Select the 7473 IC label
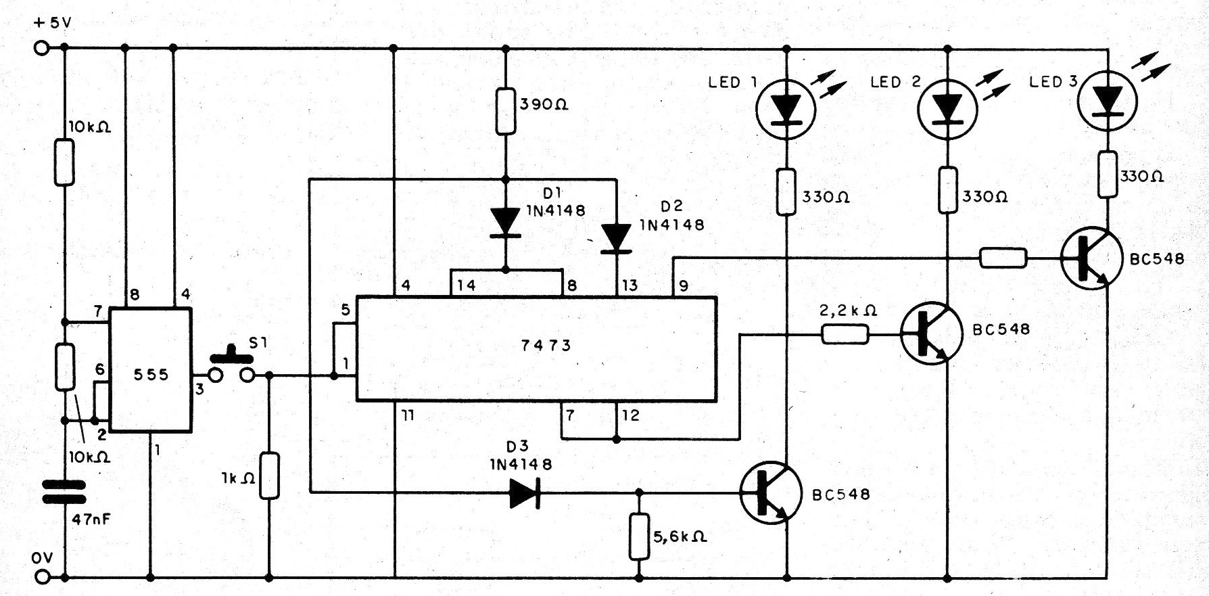tap(546, 345)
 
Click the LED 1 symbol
tap(786, 109)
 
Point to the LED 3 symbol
tap(1107, 101)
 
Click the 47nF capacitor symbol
tap(64, 492)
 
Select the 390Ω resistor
tap(505, 110)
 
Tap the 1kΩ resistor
tap(269, 476)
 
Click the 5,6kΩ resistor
tap(639, 536)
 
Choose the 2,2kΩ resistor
tap(845, 334)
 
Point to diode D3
tap(525, 492)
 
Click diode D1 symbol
tap(505, 223)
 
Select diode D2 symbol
tap(616, 239)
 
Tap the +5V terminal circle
tap(42, 48)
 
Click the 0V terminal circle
tap(42, 578)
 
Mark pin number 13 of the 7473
tap(630, 285)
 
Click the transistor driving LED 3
tap(1091, 258)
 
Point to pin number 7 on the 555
tap(97, 311)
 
